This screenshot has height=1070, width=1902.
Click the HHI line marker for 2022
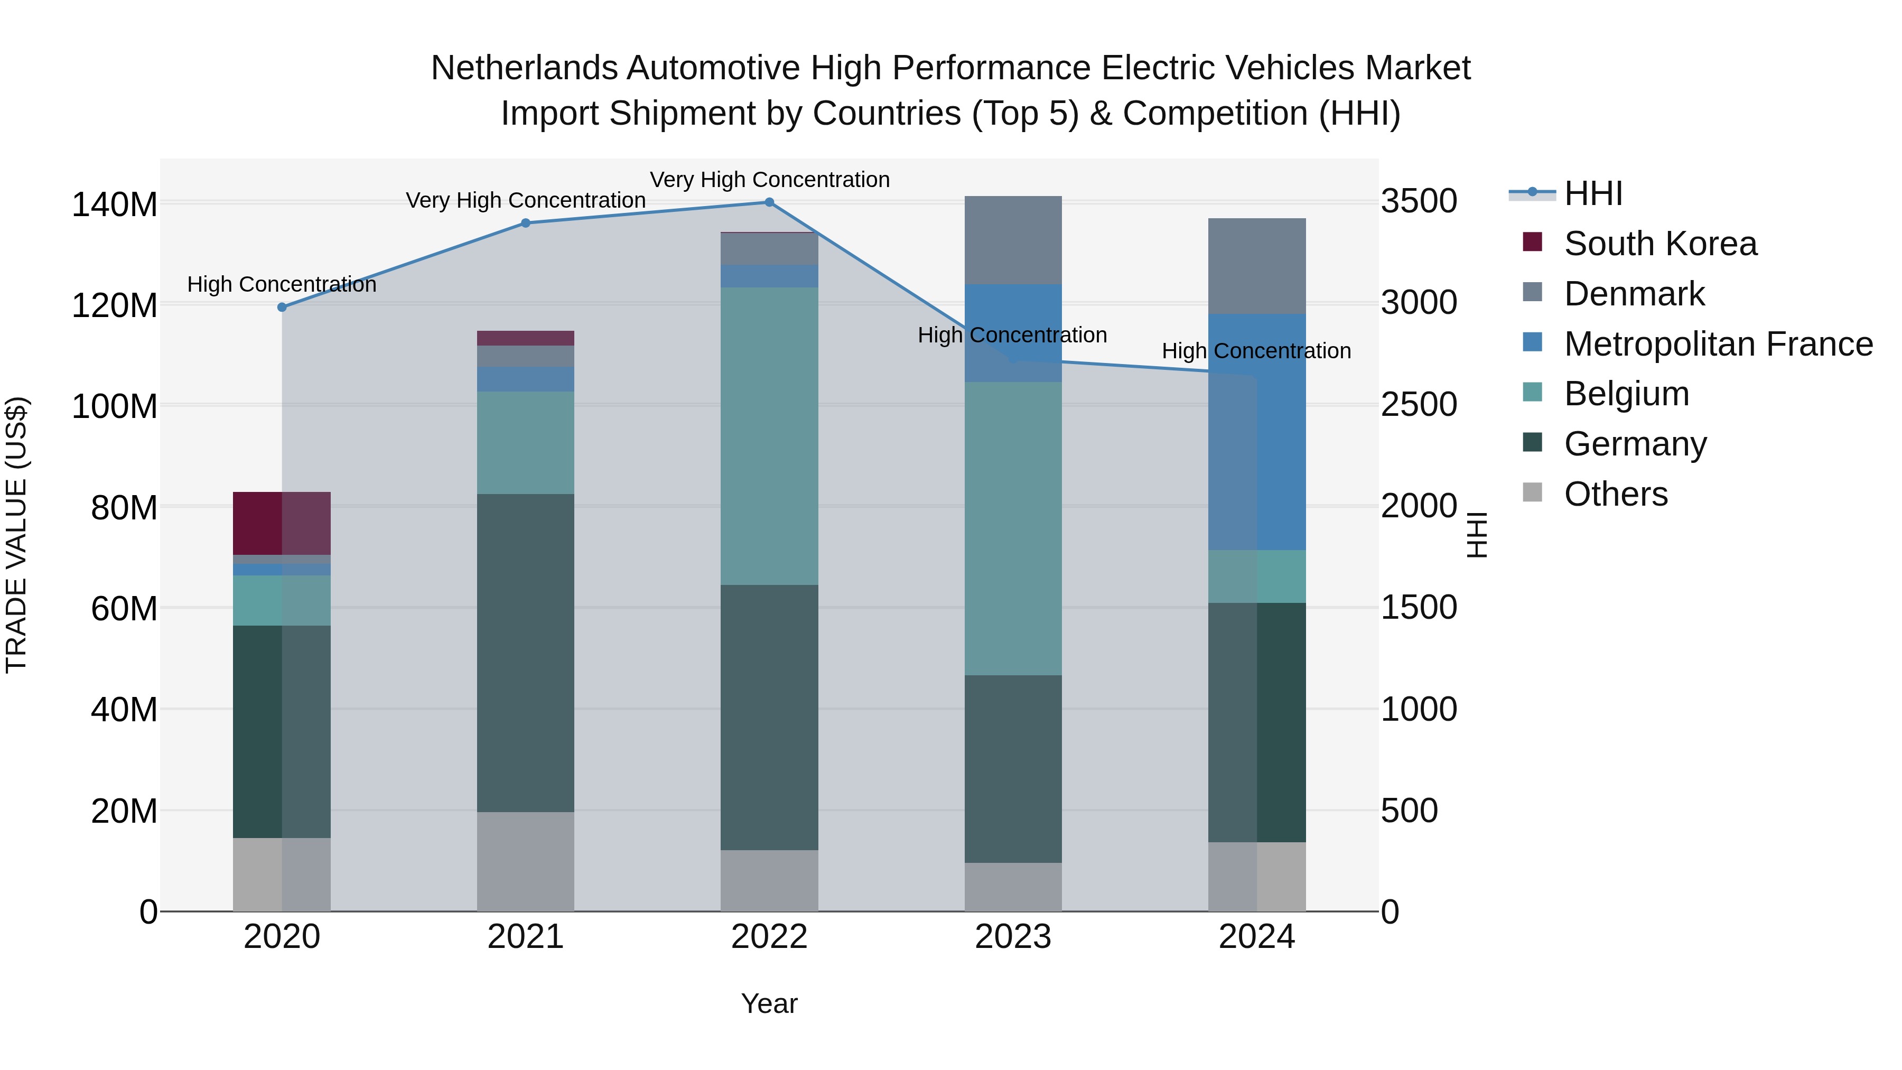[x=769, y=202]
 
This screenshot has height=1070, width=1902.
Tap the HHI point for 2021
[x=526, y=223]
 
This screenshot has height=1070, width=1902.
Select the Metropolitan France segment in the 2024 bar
[x=1257, y=432]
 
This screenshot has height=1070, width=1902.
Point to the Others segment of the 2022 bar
[x=769, y=880]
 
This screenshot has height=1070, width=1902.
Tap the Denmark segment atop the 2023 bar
[x=1013, y=240]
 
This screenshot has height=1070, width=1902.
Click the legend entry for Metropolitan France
[x=1718, y=344]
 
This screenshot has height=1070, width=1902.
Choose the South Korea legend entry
[x=1660, y=244]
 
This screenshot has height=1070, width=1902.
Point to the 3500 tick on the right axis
[x=1419, y=202]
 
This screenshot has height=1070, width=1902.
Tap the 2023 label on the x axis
[x=1013, y=937]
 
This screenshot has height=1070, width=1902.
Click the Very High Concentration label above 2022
[x=769, y=180]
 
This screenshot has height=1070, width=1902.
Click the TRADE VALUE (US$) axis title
[x=16, y=535]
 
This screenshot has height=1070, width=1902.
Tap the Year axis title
[x=769, y=1003]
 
